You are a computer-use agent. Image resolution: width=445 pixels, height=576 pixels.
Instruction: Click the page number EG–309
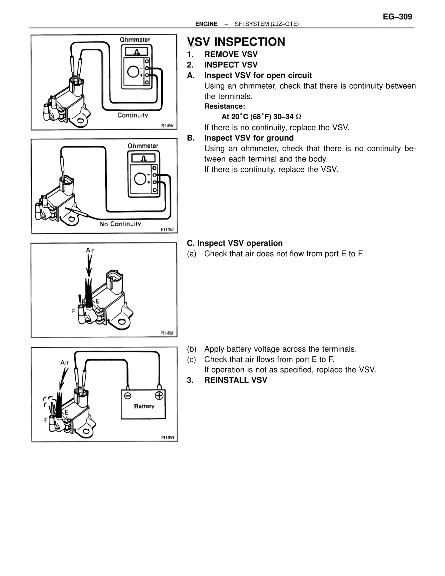[397, 17]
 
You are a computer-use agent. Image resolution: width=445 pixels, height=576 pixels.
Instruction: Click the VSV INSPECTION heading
[236, 42]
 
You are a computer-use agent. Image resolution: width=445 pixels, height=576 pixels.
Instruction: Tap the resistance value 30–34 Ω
[287, 117]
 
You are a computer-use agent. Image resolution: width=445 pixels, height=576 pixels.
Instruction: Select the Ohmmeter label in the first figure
[135, 40]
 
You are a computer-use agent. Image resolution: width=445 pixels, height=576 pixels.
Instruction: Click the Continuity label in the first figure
[132, 115]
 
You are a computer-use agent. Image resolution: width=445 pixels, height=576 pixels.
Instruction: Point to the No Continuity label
[120, 224]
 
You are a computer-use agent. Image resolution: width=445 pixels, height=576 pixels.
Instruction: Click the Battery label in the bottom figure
[144, 406]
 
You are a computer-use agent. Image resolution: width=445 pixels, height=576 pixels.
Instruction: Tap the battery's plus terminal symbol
[159, 395]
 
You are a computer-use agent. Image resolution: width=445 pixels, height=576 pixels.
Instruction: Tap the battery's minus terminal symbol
[128, 395]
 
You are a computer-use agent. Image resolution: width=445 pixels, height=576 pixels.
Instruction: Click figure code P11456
[167, 126]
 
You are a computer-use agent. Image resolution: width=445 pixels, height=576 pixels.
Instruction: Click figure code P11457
[167, 230]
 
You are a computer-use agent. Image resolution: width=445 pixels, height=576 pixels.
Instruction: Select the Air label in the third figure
[90, 250]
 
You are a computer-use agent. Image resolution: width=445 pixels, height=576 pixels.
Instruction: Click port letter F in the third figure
[74, 311]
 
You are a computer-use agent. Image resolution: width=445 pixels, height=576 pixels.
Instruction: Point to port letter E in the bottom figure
[66, 412]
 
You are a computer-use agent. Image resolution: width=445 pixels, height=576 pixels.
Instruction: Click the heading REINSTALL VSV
[235, 380]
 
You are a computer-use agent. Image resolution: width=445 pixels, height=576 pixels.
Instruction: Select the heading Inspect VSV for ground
[249, 138]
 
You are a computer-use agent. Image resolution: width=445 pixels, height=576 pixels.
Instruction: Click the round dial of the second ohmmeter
[140, 179]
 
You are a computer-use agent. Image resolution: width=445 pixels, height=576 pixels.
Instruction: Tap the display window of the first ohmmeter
[136, 52]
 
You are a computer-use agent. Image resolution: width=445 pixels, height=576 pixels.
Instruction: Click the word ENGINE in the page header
[206, 24]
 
